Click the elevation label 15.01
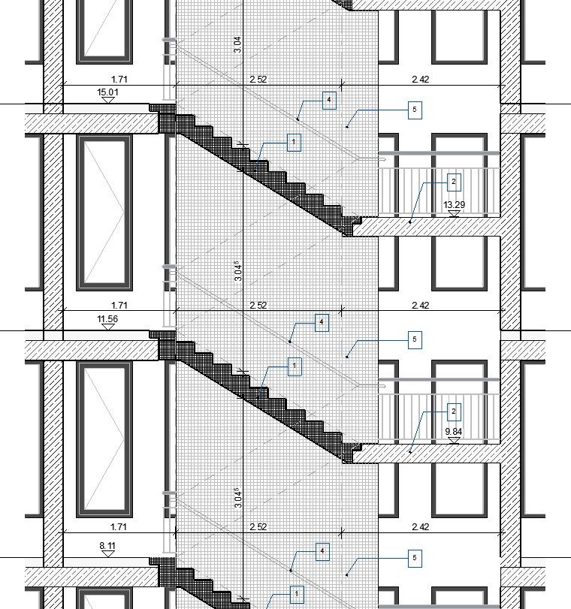[x=107, y=92]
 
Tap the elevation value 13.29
[x=454, y=205]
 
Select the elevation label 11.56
[x=107, y=319]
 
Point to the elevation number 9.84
[x=454, y=432]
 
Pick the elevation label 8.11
[x=107, y=546]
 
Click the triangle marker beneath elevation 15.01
[x=107, y=100]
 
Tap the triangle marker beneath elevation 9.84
[x=454, y=441]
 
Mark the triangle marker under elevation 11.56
[x=107, y=327]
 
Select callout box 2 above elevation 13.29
[x=454, y=182]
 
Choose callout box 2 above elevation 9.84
[x=454, y=412]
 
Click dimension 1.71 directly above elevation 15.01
[x=119, y=80]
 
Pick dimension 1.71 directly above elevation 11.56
[x=119, y=306]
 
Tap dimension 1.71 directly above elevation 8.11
[x=119, y=527]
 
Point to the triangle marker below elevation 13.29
[x=454, y=213]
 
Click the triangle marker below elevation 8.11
[x=107, y=554]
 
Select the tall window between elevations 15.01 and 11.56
[x=104, y=213]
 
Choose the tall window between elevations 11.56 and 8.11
[x=104, y=439]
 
